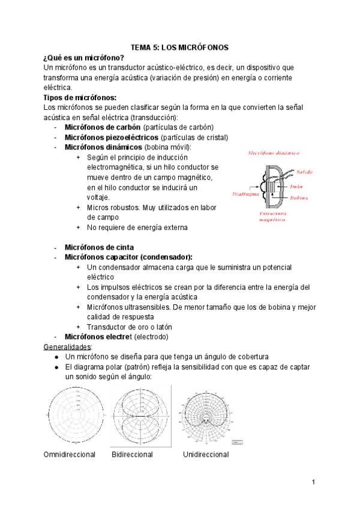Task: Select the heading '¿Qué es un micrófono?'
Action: click(84, 57)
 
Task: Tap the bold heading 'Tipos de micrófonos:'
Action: click(80, 97)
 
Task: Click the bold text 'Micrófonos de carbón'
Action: click(103, 127)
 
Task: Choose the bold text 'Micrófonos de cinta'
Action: click(99, 247)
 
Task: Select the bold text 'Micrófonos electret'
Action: click(102, 337)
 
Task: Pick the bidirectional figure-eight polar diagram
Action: click(140, 415)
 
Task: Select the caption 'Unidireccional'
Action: click(206, 454)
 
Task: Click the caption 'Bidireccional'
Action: click(132, 454)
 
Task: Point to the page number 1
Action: click(313, 483)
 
